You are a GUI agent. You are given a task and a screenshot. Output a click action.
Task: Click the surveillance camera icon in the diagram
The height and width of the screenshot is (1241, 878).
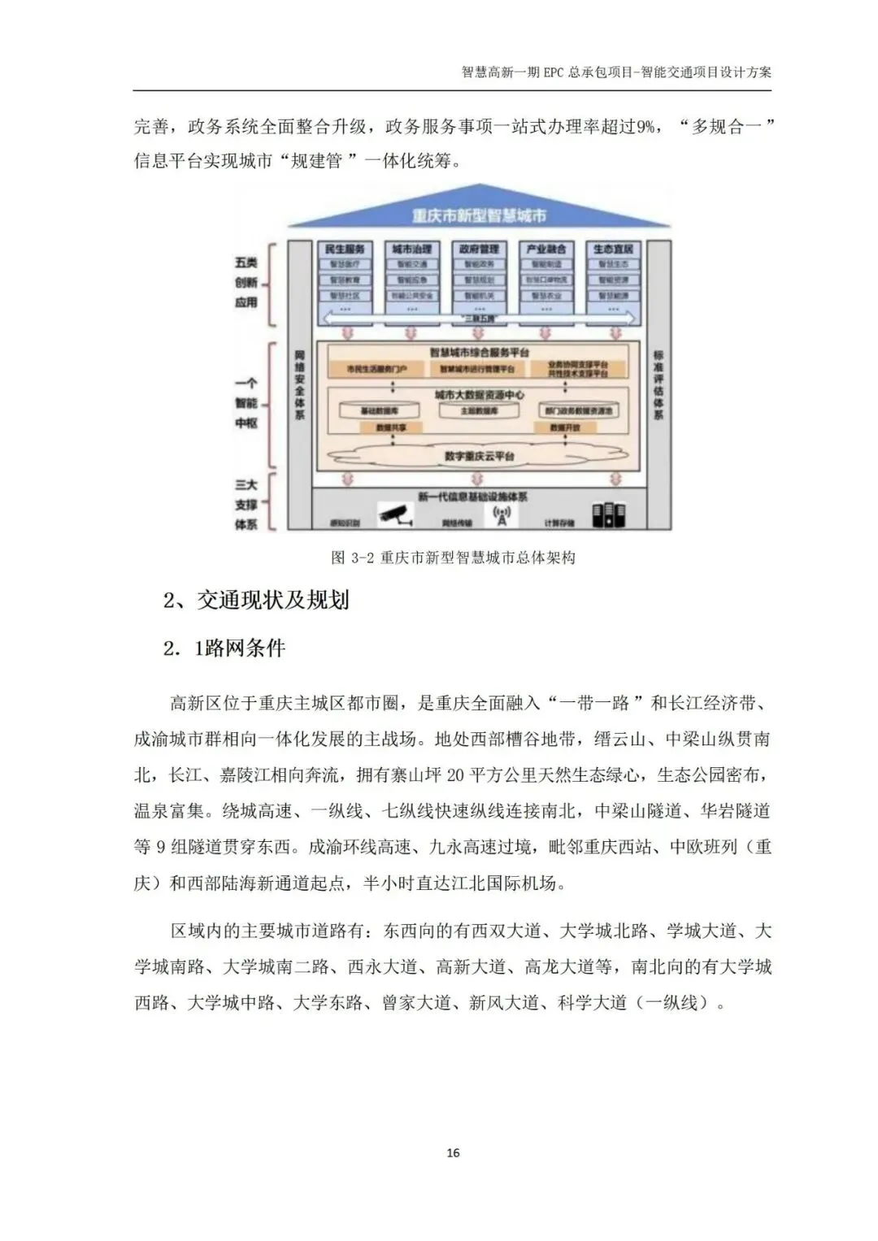(x=396, y=514)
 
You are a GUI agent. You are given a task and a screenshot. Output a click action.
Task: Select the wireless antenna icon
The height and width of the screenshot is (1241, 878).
(x=502, y=515)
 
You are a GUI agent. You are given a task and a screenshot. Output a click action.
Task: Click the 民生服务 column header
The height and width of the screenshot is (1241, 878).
(x=345, y=249)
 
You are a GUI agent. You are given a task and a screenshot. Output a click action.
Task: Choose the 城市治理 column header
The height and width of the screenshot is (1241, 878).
(x=411, y=249)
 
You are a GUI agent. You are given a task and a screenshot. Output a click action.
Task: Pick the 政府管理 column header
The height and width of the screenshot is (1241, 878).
(x=479, y=249)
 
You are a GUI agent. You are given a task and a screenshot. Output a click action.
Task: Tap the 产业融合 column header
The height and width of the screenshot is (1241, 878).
(x=546, y=249)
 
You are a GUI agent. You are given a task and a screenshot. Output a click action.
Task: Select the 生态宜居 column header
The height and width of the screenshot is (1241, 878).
(x=613, y=249)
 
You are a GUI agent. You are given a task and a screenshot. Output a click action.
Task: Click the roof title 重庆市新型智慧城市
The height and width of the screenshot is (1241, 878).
(x=479, y=216)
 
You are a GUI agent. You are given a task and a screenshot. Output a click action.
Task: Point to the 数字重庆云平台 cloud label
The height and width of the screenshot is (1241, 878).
(x=480, y=456)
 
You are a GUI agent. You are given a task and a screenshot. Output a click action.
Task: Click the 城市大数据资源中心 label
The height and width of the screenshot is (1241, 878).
(x=480, y=395)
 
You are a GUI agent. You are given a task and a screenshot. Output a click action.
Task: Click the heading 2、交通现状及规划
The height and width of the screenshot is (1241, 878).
(x=256, y=601)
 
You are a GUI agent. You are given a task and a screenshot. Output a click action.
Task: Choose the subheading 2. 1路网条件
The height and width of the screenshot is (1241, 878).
(x=224, y=649)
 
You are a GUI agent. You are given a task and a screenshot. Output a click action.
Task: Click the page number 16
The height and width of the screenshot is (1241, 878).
(x=453, y=1152)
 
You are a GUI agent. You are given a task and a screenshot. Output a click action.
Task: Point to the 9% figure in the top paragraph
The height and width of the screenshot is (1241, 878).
(x=645, y=127)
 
